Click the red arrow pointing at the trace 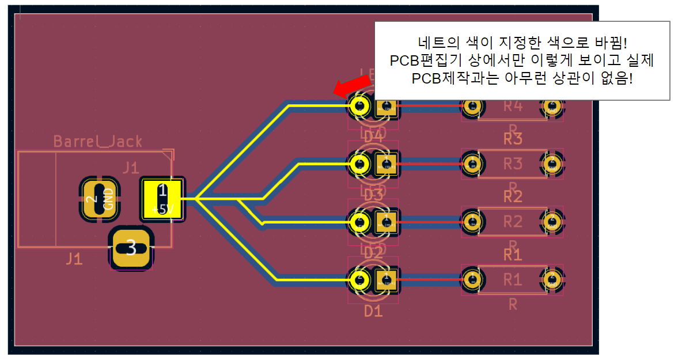[347, 86]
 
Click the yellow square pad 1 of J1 [162, 199]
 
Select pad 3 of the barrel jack [131, 248]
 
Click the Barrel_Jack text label [97, 141]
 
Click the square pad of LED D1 [386, 280]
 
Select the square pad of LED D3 [386, 164]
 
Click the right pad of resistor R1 [551, 279]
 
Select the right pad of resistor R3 [551, 164]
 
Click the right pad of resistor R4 [551, 106]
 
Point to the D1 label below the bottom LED [373, 312]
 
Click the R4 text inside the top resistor [513, 106]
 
